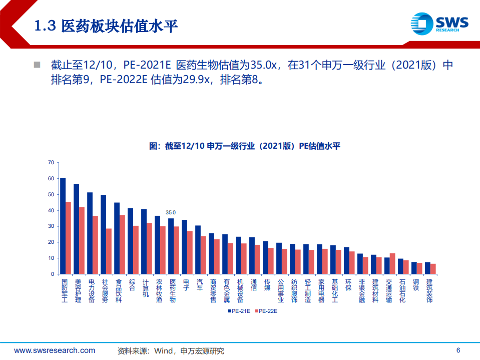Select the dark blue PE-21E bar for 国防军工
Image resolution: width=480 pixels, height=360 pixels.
click(x=63, y=226)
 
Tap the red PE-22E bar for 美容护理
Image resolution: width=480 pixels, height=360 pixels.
click(x=82, y=240)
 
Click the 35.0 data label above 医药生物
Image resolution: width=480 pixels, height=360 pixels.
click(x=171, y=213)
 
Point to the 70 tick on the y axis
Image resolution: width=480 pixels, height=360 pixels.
click(x=50, y=162)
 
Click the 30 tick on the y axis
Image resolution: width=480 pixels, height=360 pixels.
click(x=50, y=226)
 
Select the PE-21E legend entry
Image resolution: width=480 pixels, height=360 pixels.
click(x=239, y=311)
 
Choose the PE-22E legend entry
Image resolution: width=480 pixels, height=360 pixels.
click(x=265, y=311)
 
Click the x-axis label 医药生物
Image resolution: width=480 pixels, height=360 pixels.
click(x=172, y=290)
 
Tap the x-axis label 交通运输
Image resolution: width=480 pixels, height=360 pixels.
click(x=389, y=290)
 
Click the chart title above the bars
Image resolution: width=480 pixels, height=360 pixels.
click(x=245, y=146)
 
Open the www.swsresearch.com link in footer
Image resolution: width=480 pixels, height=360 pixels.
click(x=55, y=350)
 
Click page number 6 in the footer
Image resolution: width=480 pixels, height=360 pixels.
click(x=458, y=350)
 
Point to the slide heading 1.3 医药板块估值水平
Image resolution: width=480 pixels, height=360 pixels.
click(x=106, y=26)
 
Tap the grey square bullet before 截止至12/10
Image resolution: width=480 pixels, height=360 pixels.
click(x=37, y=65)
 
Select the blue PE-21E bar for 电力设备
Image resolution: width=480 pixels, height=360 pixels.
click(x=90, y=233)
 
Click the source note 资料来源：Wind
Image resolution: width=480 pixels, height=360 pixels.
click(x=171, y=351)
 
